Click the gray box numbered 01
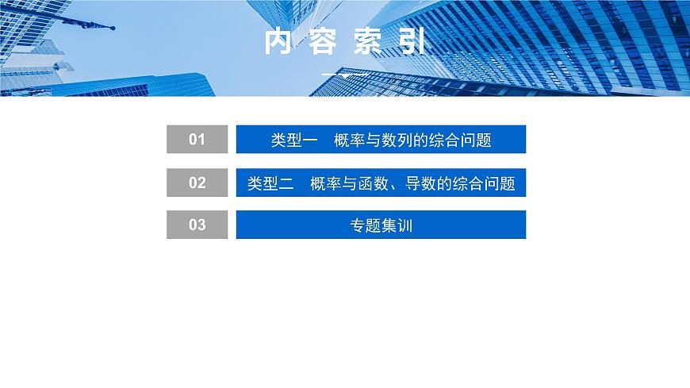click(197, 140)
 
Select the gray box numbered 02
click(197, 182)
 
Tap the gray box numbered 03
click(197, 225)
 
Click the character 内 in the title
click(278, 42)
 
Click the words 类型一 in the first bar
click(294, 140)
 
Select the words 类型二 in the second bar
click(270, 183)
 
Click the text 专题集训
click(381, 225)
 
